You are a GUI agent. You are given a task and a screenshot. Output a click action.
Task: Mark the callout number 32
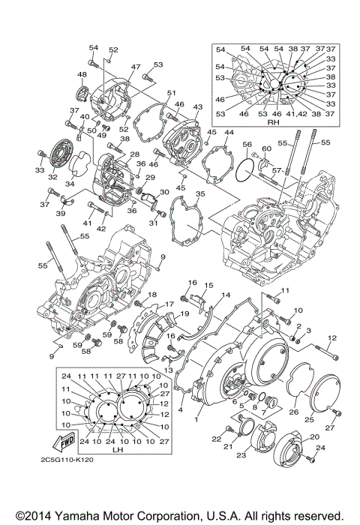[x=53, y=178]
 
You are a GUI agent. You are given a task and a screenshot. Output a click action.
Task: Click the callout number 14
[x=226, y=295]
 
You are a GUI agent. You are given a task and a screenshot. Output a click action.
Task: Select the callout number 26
[x=294, y=412]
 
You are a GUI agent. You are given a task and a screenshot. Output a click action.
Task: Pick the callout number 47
[x=136, y=67]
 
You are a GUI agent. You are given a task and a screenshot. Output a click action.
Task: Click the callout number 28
[x=135, y=154]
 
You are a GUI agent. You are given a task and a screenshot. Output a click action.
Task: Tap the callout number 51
[x=171, y=92]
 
